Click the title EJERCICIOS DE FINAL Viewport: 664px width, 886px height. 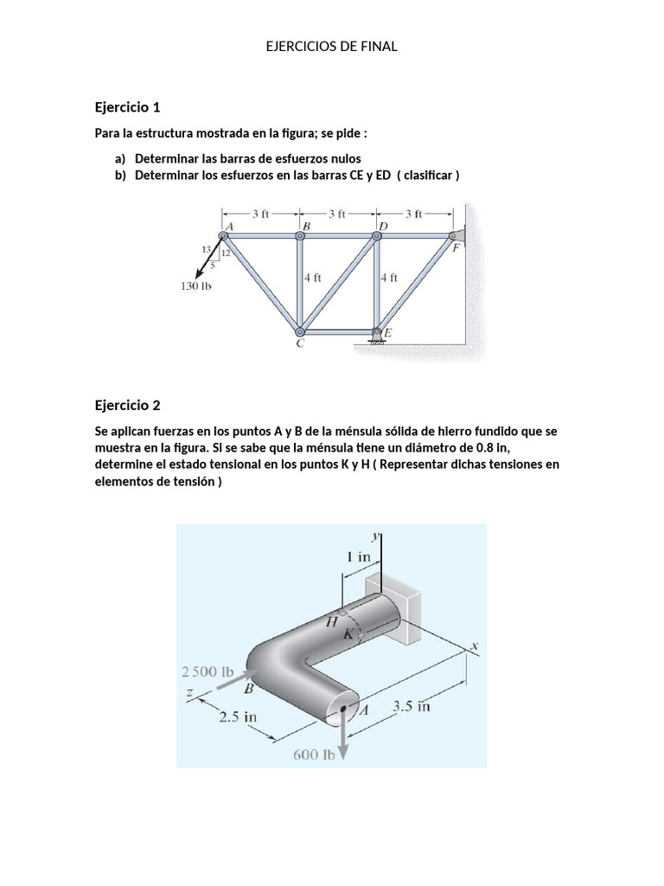(x=332, y=47)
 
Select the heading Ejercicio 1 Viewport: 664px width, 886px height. (x=127, y=107)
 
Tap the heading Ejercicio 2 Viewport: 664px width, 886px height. (x=127, y=405)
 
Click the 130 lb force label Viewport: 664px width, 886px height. (x=196, y=286)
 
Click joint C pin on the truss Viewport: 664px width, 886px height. (x=300, y=331)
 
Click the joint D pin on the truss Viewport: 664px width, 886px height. (x=377, y=235)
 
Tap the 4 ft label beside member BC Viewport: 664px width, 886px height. (x=313, y=279)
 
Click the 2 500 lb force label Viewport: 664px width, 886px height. (x=208, y=671)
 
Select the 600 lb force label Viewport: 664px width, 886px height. (x=313, y=754)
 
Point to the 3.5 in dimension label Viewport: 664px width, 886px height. (x=412, y=706)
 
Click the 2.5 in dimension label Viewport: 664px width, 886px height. (x=238, y=716)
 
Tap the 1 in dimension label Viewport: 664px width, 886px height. (x=360, y=557)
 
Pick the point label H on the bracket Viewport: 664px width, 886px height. (x=331, y=621)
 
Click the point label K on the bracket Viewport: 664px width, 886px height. (x=348, y=634)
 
